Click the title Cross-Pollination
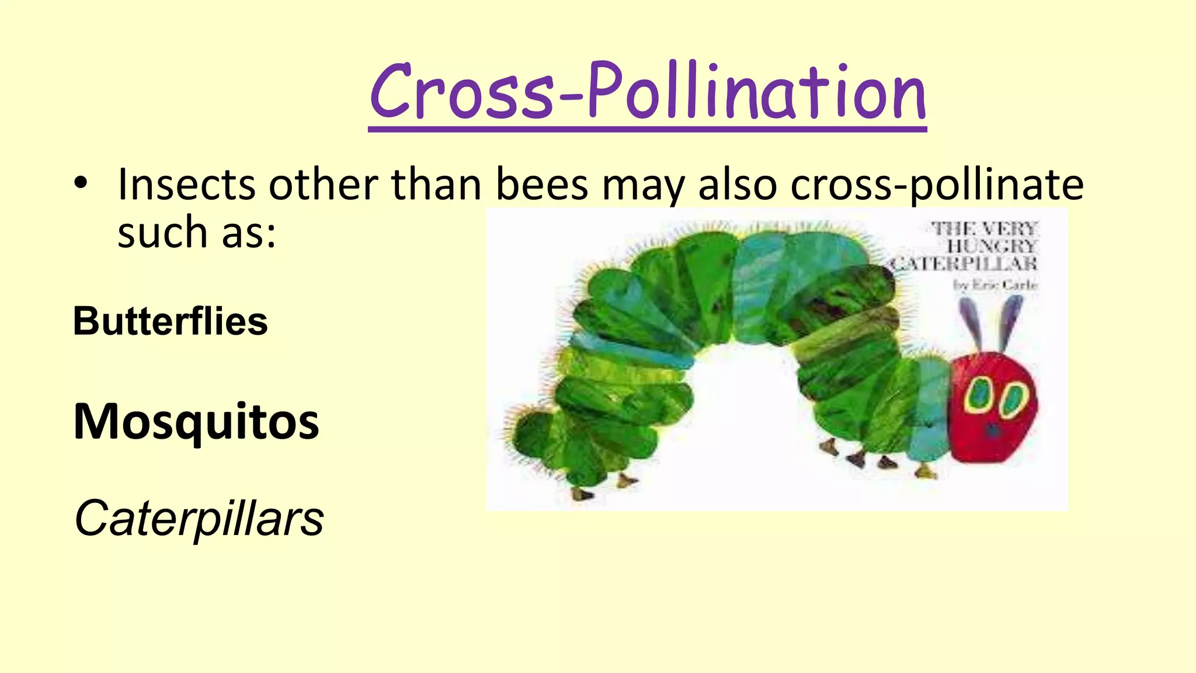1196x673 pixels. click(x=647, y=92)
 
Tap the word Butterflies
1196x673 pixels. click(x=170, y=322)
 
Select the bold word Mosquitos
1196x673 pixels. click(x=196, y=422)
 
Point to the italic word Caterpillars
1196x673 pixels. click(x=199, y=518)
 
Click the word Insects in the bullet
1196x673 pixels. click(x=186, y=185)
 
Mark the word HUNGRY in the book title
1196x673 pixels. click(x=992, y=246)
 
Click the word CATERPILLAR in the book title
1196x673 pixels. click(x=964, y=264)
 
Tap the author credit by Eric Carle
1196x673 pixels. click(x=995, y=285)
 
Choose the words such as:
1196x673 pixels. click(x=196, y=233)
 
